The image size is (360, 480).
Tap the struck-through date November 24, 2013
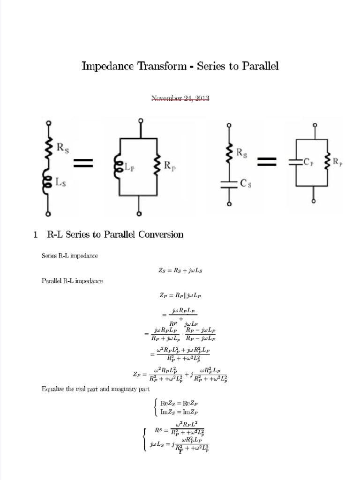pos(180,98)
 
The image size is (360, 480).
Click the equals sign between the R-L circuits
pos(83,163)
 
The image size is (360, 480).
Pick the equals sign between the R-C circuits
pos(266,162)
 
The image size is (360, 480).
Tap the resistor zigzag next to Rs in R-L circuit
pos(48,149)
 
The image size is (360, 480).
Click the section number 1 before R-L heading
pos(35,235)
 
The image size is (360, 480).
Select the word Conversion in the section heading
pos(161,235)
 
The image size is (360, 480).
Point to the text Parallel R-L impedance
pos(72,281)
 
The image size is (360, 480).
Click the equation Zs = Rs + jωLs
pos(180,270)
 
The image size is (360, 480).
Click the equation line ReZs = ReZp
pos(179,403)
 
